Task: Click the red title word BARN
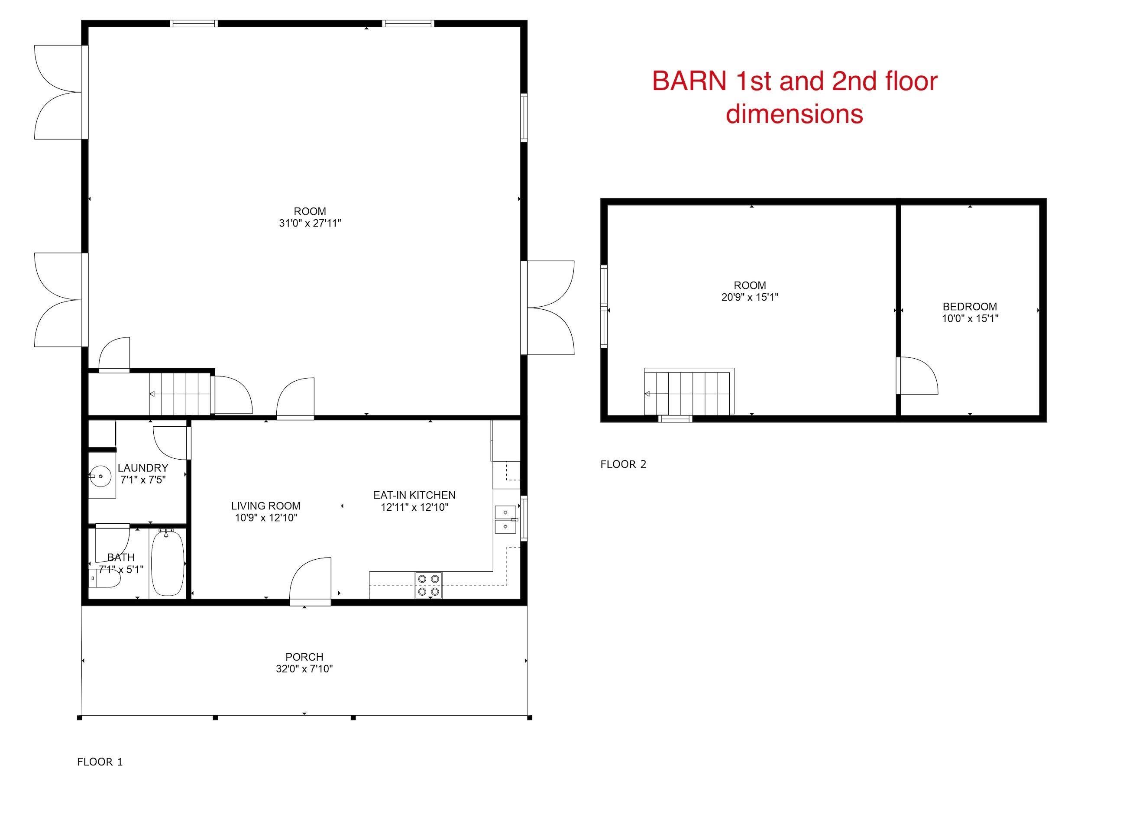click(x=689, y=81)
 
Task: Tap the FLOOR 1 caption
click(x=100, y=762)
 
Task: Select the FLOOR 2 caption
click(x=623, y=464)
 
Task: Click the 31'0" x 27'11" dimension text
click(x=310, y=223)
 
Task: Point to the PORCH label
click(x=304, y=657)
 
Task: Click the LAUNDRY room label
click(x=142, y=468)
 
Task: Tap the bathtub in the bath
click(x=168, y=563)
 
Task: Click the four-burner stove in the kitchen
click(x=429, y=585)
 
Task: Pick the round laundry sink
click(x=100, y=475)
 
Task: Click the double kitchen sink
click(x=506, y=519)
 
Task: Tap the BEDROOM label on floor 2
click(x=970, y=307)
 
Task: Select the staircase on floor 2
click(x=689, y=392)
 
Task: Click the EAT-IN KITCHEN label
click(x=414, y=496)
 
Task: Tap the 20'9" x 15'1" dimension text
click(x=750, y=297)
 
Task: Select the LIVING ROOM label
click(x=265, y=506)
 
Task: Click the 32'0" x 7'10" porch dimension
click(x=304, y=669)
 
